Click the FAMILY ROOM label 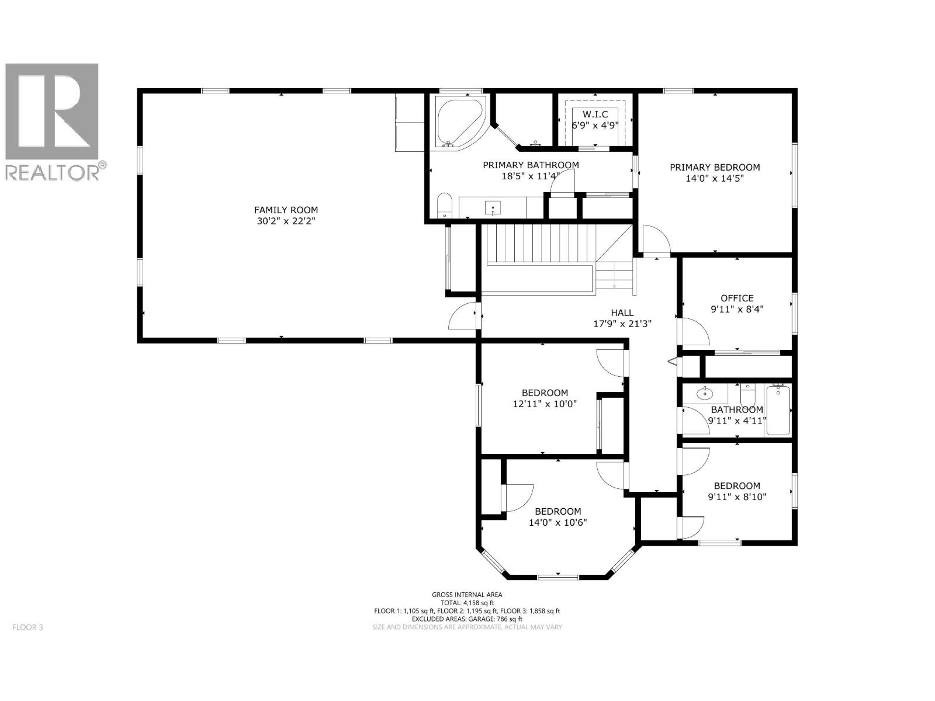click(286, 210)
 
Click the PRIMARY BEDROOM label click(715, 167)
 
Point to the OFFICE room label click(737, 298)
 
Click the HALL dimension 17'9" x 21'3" click(622, 324)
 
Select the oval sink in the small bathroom click(705, 394)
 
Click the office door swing click(695, 332)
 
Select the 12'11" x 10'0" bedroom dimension click(545, 404)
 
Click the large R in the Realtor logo click(53, 111)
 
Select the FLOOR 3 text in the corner click(27, 627)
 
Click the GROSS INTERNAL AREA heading click(467, 595)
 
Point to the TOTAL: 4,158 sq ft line click(467, 603)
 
